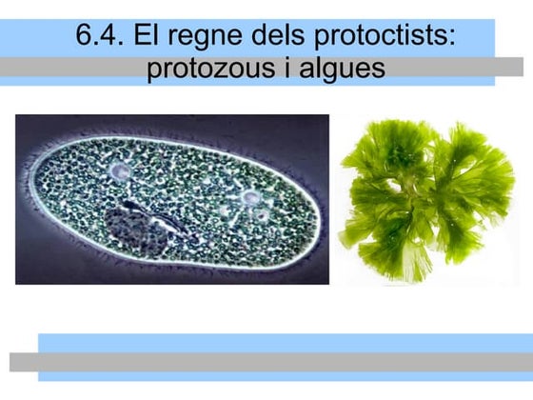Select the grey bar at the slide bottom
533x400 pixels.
coord(266,362)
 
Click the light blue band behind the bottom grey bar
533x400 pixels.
coord(286,342)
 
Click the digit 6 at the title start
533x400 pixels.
coord(85,37)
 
